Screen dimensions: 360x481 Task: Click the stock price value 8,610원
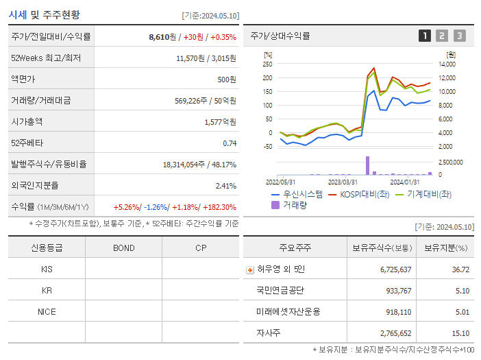162,37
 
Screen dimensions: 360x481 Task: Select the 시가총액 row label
27,121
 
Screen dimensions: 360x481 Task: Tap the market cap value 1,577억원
220,121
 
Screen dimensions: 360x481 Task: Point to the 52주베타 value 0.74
229,143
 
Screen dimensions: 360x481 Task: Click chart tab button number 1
425,36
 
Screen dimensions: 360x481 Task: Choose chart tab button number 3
459,36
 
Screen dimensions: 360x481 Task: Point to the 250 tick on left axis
267,64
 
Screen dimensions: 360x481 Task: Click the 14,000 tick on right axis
446,64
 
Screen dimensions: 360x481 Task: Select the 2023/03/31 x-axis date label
342,182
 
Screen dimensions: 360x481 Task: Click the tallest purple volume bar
367,166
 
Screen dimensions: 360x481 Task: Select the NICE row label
47,311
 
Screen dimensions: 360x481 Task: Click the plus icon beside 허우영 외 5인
250,269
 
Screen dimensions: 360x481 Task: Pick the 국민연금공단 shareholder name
281,290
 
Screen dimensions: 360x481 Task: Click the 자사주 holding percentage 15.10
461,333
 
